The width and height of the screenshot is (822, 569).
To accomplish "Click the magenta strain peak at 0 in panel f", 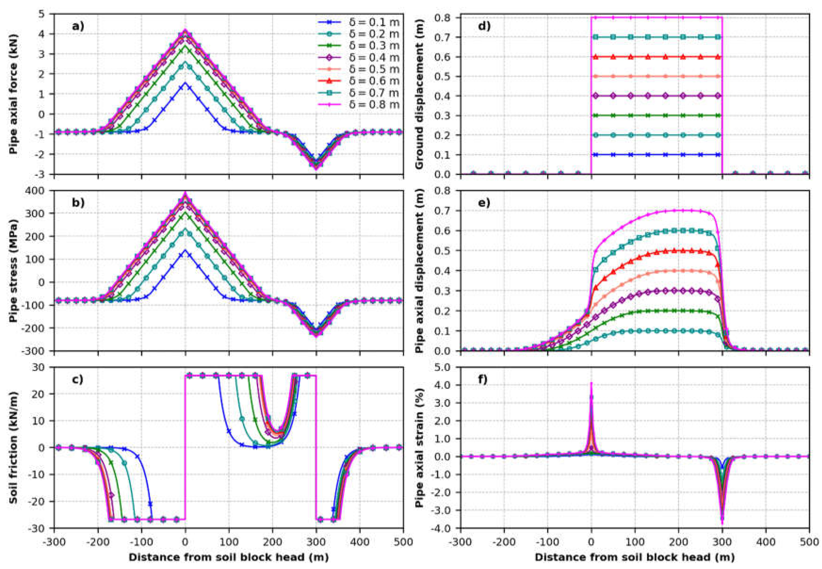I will (x=591, y=383).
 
